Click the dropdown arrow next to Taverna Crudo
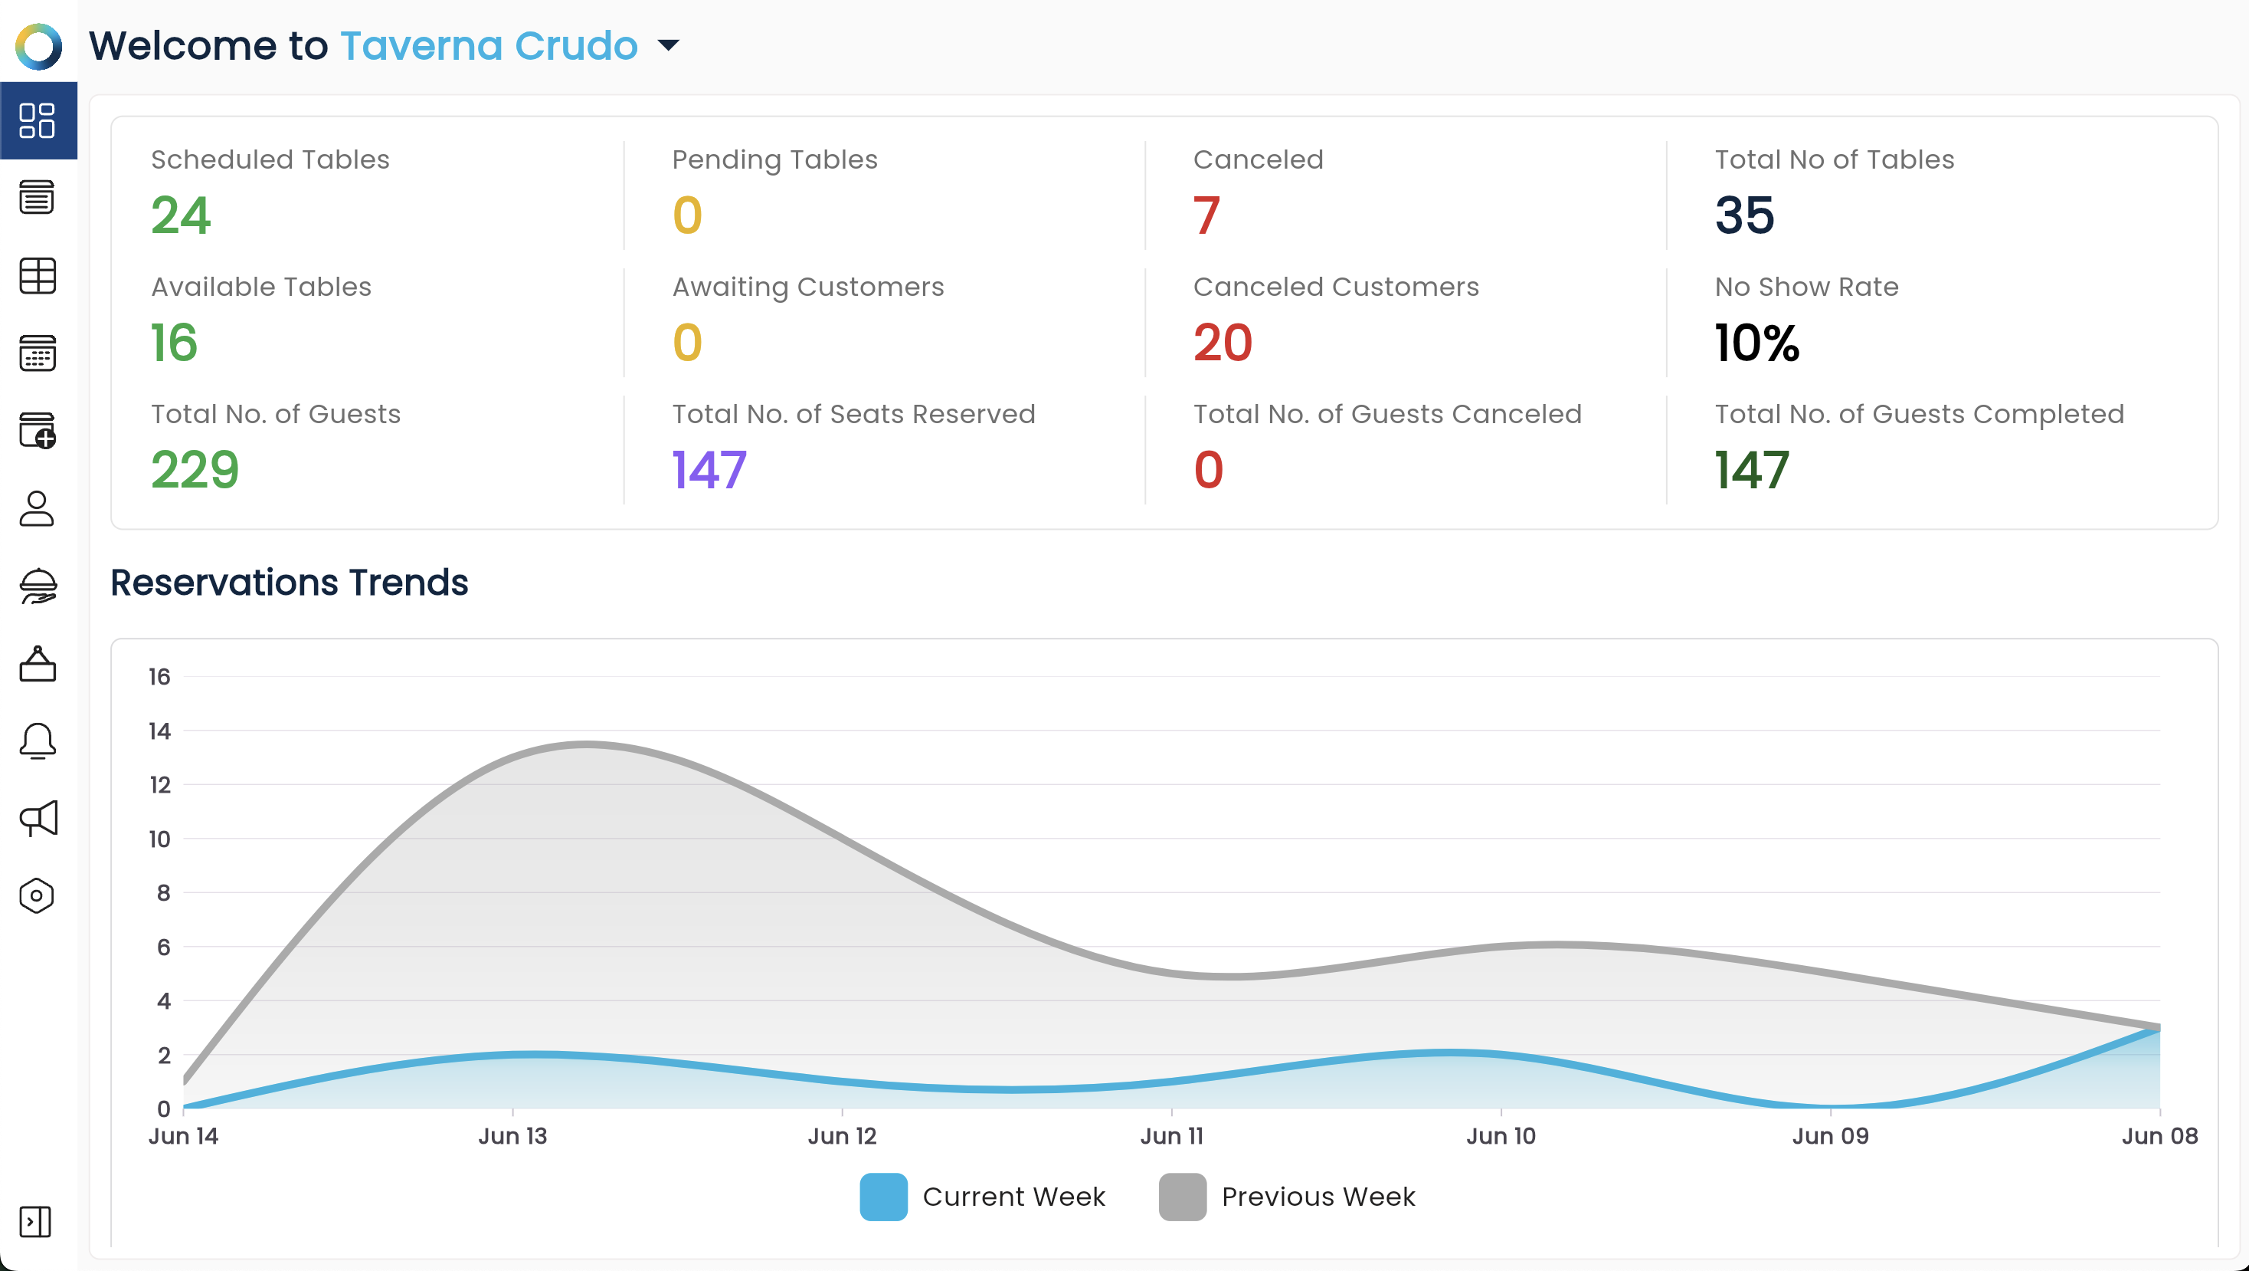(x=668, y=45)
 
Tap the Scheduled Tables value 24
(x=181, y=215)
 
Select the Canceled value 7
(x=1206, y=215)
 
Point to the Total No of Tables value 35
(x=1744, y=215)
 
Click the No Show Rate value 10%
(x=1756, y=343)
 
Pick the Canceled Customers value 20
(x=1223, y=343)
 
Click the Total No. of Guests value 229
(x=195, y=470)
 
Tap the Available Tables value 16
(x=175, y=343)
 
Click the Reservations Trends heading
(x=289, y=583)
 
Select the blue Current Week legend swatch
(x=883, y=1197)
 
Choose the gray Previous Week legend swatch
(x=1183, y=1197)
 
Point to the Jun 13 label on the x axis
(x=512, y=1135)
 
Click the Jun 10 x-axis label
(x=1501, y=1135)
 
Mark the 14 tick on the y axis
(x=160, y=731)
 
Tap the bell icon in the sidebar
(x=38, y=741)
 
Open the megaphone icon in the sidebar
(x=38, y=819)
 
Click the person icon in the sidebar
(x=37, y=508)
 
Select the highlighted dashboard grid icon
(x=38, y=120)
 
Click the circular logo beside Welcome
(x=38, y=46)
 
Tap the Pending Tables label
(x=774, y=160)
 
